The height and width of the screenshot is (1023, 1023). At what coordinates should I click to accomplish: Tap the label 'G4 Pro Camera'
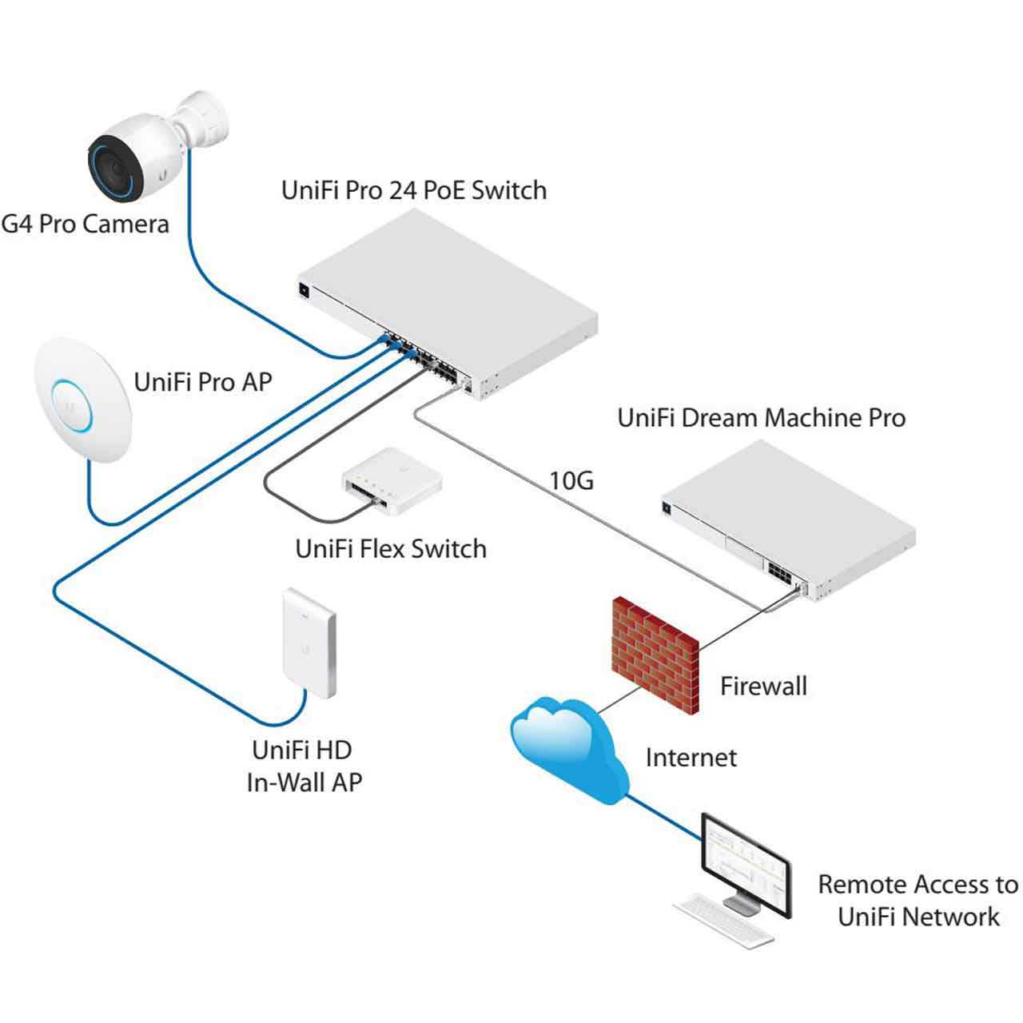click(x=85, y=223)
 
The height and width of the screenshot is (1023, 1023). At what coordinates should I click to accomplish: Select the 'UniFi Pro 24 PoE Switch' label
click(x=414, y=190)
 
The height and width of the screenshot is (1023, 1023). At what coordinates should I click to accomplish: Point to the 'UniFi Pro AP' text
click(x=203, y=382)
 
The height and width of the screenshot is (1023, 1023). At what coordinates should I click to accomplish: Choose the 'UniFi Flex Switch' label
click(x=391, y=549)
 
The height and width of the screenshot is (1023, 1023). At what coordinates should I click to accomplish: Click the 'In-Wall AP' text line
click(x=304, y=782)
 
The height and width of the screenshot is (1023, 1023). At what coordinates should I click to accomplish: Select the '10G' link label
click(x=571, y=481)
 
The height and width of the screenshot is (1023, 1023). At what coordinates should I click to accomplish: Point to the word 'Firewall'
click(x=763, y=686)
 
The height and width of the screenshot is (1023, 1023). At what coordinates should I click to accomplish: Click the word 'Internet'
click(x=691, y=758)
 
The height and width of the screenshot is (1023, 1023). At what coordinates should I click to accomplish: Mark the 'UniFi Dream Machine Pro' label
click(x=761, y=418)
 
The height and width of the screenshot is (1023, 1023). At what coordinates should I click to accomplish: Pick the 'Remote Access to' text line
click(x=918, y=885)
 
